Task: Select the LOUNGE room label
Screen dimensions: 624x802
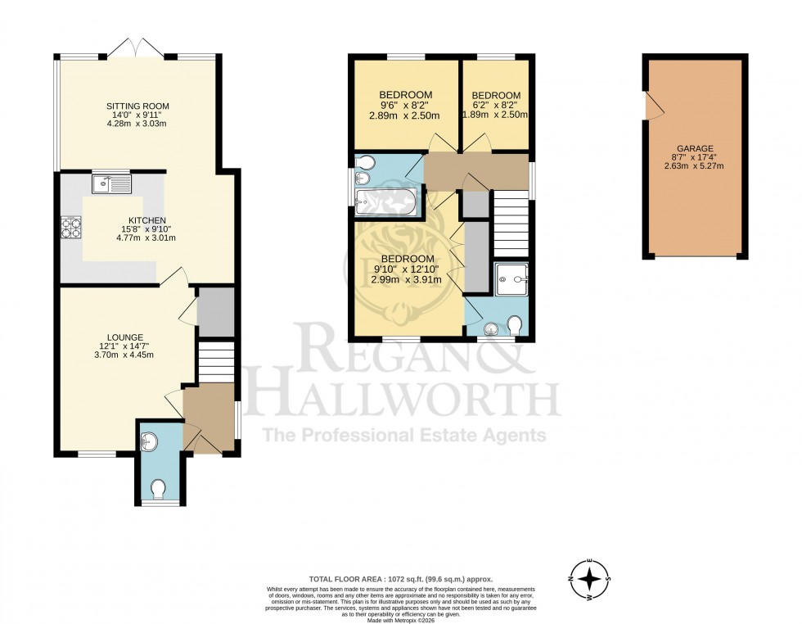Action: coord(124,337)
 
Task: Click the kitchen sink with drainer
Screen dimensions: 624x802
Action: coord(112,184)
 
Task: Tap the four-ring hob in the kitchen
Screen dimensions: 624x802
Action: coord(70,227)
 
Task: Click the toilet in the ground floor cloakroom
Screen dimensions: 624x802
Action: coord(158,489)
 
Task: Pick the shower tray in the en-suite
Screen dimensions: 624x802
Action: coord(511,278)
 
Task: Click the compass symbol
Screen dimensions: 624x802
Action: coord(589,580)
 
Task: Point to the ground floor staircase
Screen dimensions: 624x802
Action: coord(217,362)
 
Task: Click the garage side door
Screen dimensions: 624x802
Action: coord(651,105)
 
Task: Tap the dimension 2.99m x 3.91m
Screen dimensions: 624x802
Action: coord(408,279)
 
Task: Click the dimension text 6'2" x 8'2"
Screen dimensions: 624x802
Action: coord(496,105)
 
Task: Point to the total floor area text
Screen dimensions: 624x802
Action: coord(400,578)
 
